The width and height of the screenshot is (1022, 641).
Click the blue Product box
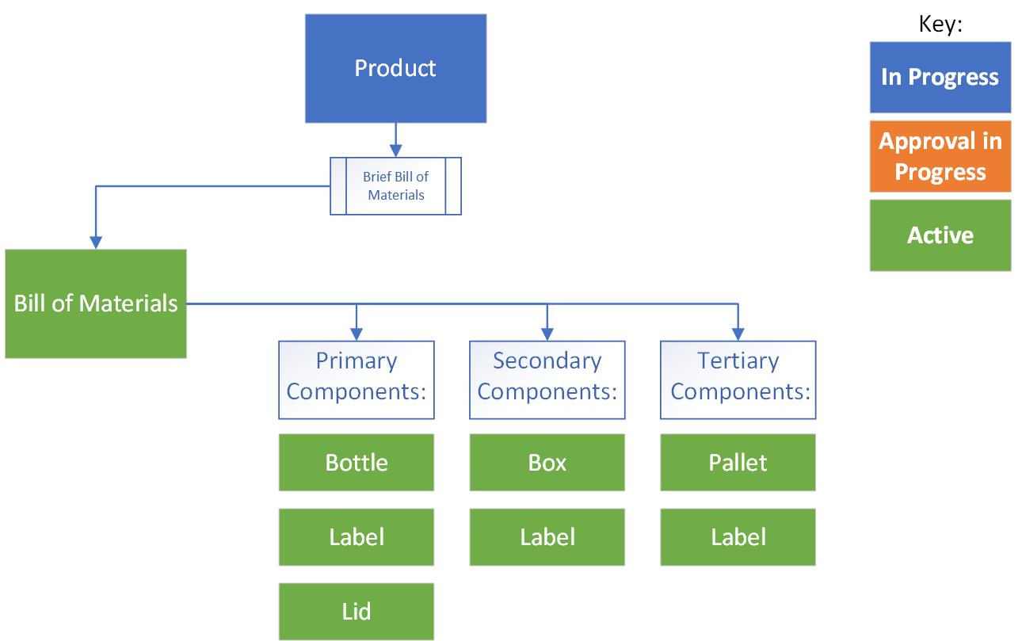pyautogui.click(x=395, y=68)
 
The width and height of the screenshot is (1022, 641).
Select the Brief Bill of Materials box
pyautogui.click(x=395, y=186)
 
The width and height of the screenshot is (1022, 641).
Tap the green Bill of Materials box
pyautogui.click(x=96, y=303)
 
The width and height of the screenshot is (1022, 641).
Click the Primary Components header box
pyautogui.click(x=357, y=380)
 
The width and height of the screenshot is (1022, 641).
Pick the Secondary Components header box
pyautogui.click(x=547, y=380)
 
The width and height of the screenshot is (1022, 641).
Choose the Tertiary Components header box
pyautogui.click(x=738, y=380)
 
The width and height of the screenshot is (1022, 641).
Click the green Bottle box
pyautogui.click(x=357, y=462)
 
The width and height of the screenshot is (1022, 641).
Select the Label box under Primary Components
pyautogui.click(x=357, y=537)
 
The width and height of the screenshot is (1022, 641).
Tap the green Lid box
pyautogui.click(x=357, y=612)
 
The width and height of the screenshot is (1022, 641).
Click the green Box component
pyautogui.click(x=547, y=462)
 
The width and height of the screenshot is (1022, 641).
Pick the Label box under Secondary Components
pyautogui.click(x=547, y=537)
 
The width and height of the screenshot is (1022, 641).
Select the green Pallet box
pyautogui.click(x=738, y=462)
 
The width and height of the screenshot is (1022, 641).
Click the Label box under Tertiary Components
pyautogui.click(x=738, y=537)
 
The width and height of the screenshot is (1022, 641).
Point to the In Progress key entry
pyautogui.click(x=940, y=77)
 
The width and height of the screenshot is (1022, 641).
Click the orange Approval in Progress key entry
pyautogui.click(x=940, y=156)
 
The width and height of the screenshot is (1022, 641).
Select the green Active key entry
pyautogui.click(x=940, y=235)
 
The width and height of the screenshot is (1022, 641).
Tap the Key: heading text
pyautogui.click(x=940, y=24)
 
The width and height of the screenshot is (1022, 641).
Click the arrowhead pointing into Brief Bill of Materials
pyautogui.click(x=395, y=151)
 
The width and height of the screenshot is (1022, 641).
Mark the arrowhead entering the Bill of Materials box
pyautogui.click(x=96, y=242)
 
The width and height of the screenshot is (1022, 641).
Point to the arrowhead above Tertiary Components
pyautogui.click(x=738, y=334)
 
